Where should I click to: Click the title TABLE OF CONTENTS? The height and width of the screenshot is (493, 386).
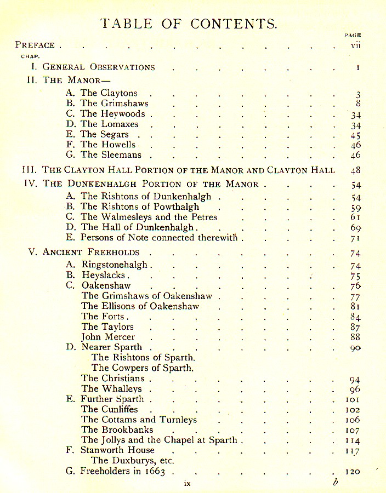tap(189, 24)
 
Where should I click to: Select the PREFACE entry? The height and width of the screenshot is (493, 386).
tap(35, 45)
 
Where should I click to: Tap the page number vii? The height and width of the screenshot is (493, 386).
tap(355, 45)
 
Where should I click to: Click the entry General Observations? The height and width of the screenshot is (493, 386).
tap(99, 67)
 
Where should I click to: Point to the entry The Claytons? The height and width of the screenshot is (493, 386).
tap(109, 93)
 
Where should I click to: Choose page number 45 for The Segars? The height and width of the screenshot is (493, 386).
tap(355, 135)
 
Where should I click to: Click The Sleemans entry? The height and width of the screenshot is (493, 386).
tap(111, 155)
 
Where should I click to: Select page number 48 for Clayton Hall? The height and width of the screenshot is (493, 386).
tap(355, 170)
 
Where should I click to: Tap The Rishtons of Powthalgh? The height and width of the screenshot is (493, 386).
tap(140, 207)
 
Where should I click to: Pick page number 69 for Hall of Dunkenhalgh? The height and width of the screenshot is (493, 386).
tap(355, 228)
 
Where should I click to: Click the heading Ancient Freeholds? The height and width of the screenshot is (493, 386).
tap(91, 253)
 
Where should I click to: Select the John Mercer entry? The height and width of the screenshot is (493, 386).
tap(108, 337)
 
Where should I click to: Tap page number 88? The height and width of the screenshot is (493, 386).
tap(355, 337)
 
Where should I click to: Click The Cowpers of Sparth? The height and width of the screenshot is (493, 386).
tap(143, 368)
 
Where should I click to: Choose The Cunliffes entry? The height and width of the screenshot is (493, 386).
tap(110, 409)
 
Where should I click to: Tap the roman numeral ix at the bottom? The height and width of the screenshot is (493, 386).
tap(187, 484)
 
